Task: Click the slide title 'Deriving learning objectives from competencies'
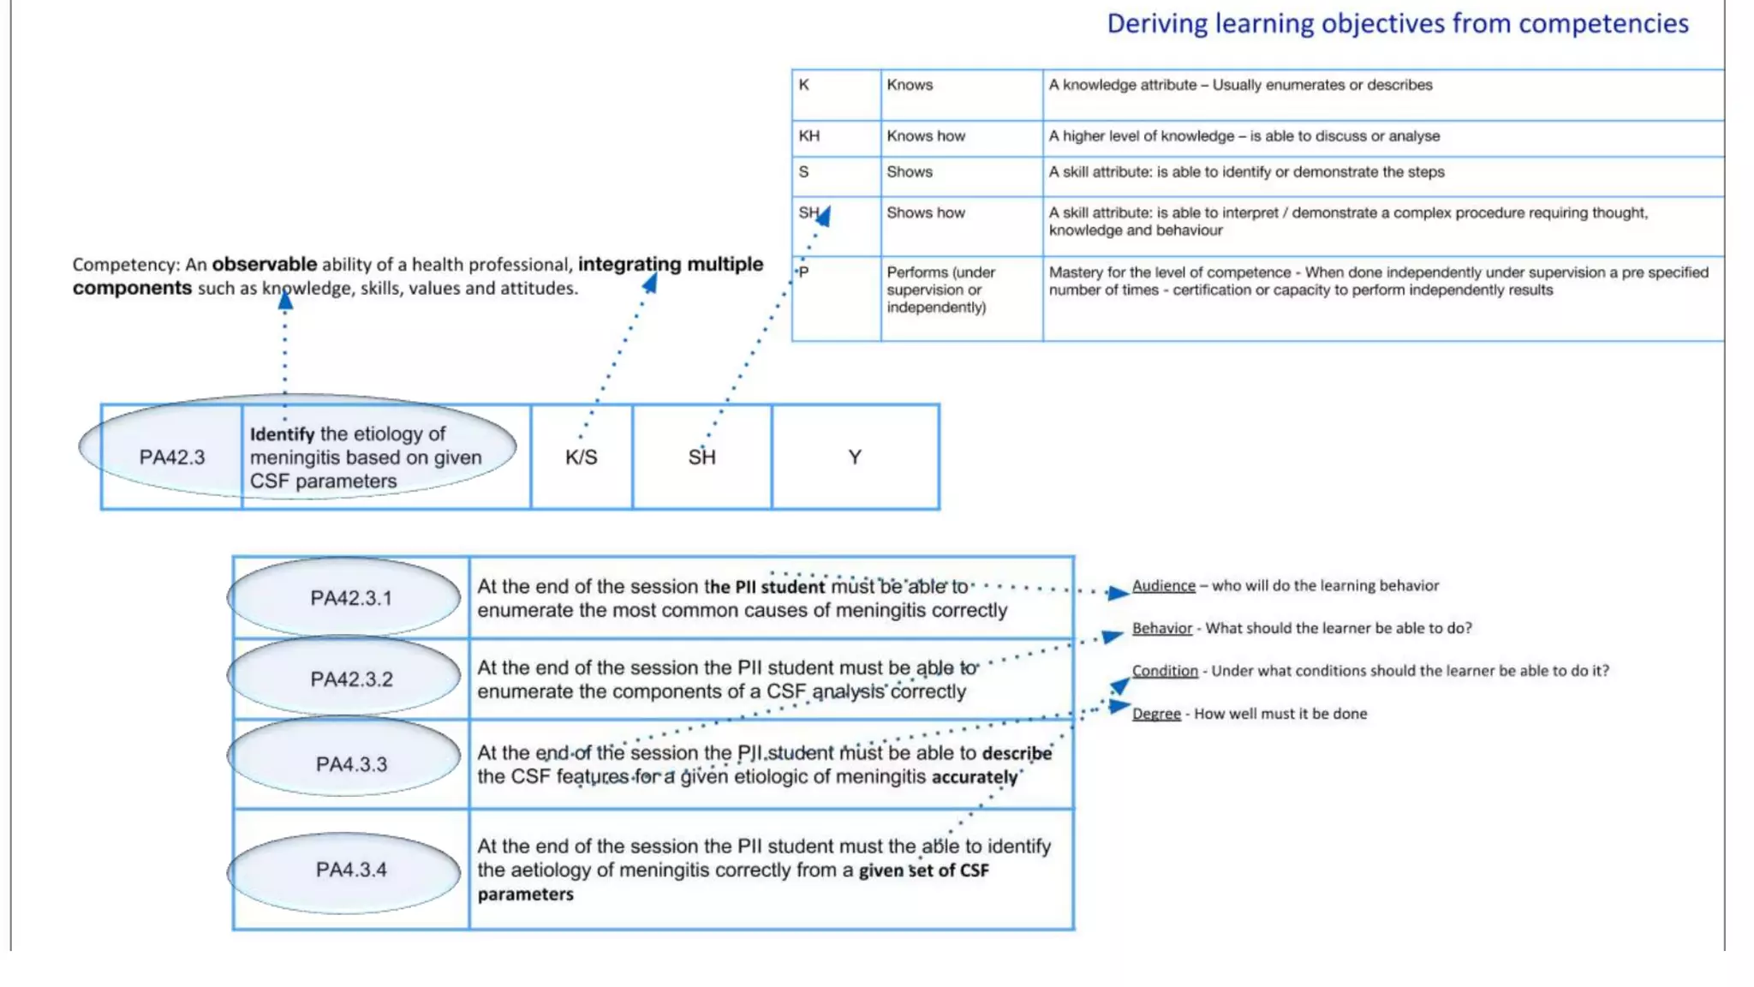[x=1397, y=23]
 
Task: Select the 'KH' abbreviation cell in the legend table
[x=809, y=136]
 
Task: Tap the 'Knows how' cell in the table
[x=926, y=136]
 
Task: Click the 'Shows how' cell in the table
[x=926, y=212]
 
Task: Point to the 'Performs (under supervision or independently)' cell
[x=940, y=290]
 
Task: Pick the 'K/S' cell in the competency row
[x=582, y=458]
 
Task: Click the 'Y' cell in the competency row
[x=855, y=458]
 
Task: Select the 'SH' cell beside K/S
[x=701, y=458]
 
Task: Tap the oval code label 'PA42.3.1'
[x=351, y=598]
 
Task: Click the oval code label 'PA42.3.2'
[x=351, y=679]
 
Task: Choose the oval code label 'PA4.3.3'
[x=351, y=764]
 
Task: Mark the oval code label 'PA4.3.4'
[x=351, y=870]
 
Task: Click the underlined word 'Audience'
[x=1163, y=586]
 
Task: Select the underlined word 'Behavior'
[x=1161, y=628]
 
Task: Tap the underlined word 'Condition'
[x=1165, y=671]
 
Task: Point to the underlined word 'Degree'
[x=1156, y=714]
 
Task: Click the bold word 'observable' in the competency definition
[x=264, y=265]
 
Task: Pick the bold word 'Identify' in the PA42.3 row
[x=282, y=434]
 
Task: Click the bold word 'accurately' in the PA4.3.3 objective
[x=975, y=777]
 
